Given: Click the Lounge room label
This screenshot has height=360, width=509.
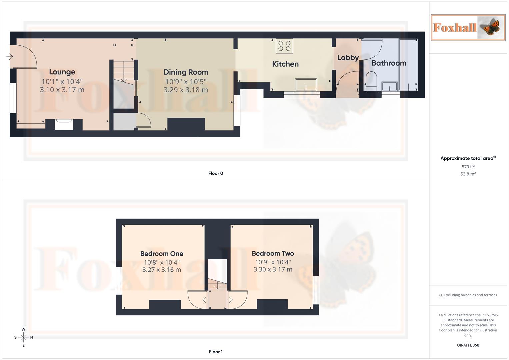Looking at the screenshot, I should [62, 72].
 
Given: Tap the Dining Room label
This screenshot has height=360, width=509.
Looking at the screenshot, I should [186, 72].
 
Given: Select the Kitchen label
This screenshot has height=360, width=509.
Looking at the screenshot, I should [285, 64].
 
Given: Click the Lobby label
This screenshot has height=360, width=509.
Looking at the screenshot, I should [348, 58].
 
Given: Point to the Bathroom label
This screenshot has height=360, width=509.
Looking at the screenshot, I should [389, 63].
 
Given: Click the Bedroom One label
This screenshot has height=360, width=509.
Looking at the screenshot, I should [162, 254].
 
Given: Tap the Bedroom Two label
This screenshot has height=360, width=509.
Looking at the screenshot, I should [273, 253].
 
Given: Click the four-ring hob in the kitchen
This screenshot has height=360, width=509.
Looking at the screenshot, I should [284, 46].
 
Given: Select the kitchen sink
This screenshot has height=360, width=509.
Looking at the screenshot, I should [306, 85].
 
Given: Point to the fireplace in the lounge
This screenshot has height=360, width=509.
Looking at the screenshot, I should [64, 124].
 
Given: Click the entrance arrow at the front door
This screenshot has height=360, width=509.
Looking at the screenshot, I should [10, 57].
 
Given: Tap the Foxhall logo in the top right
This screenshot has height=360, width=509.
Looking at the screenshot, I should [468, 27].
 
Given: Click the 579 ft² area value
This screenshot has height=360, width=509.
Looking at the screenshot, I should [468, 167].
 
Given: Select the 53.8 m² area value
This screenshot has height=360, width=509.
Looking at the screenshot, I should [468, 174].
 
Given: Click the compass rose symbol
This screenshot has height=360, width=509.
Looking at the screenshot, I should [23, 337].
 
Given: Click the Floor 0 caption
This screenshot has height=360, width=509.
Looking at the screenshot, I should [216, 173].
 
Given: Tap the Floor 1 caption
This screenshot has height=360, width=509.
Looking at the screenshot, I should [216, 352].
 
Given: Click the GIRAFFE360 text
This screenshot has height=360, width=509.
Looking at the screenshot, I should [468, 345].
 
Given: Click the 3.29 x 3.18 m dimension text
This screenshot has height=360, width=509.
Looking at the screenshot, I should [186, 90].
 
